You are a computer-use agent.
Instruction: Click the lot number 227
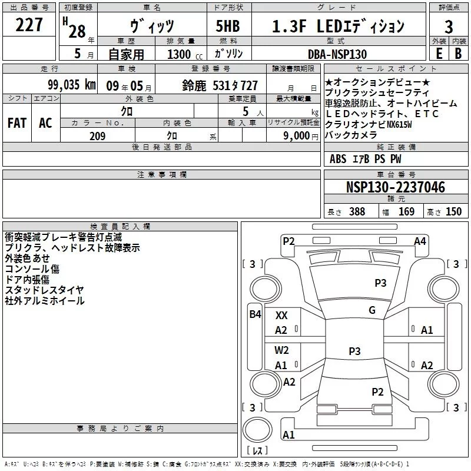(x=29, y=25)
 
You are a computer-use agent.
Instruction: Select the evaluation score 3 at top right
(x=449, y=26)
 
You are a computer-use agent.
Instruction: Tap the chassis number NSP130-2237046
(x=396, y=188)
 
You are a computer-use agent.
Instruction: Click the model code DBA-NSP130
(x=337, y=54)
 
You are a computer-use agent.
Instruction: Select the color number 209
(x=97, y=136)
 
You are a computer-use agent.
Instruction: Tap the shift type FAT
(x=17, y=123)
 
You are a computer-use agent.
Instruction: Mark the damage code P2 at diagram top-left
(x=288, y=241)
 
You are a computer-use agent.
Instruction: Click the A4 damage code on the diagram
(x=420, y=241)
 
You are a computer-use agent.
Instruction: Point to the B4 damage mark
(x=255, y=314)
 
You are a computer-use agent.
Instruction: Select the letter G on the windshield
(x=372, y=310)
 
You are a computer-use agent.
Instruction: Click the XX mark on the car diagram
(x=281, y=316)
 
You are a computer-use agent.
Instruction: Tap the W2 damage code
(x=281, y=350)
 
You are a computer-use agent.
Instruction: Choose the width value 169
(x=406, y=212)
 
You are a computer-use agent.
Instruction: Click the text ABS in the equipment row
(x=338, y=159)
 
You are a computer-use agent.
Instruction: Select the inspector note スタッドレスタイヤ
(x=44, y=290)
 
